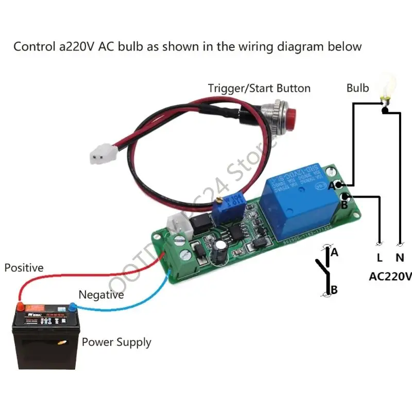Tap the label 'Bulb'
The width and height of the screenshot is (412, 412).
point(357,88)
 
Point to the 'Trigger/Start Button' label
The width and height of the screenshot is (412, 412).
point(259,88)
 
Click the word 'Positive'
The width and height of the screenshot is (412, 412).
point(24,268)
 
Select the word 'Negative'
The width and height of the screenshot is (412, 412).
point(101,295)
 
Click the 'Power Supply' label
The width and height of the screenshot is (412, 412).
point(116,342)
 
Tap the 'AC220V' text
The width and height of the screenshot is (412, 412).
point(390,277)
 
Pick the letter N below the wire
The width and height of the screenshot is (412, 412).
point(400,257)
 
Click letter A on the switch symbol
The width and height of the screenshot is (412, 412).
point(334,252)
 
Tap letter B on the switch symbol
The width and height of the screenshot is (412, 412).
point(334,290)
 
